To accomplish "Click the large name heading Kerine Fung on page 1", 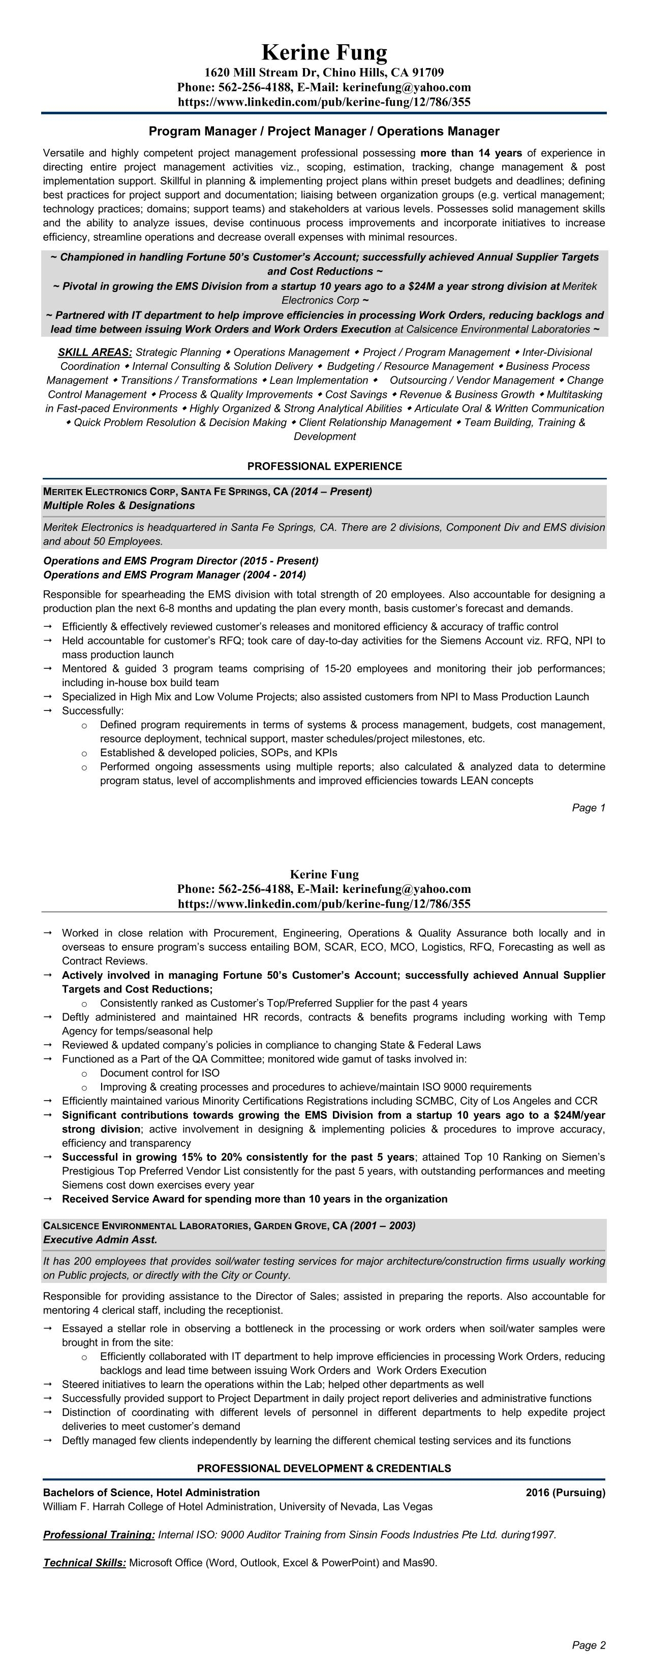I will pyautogui.click(x=324, y=52).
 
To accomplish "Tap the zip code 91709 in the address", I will pyautogui.click(x=427, y=72).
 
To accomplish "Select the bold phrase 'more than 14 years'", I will pyautogui.click(x=471, y=153).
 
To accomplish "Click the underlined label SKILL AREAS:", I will pyautogui.click(x=95, y=352).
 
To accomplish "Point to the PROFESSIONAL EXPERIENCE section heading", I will pyautogui.click(x=324, y=466).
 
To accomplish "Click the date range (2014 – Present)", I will pyautogui.click(x=331, y=492).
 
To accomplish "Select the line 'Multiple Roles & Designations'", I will pyautogui.click(x=119, y=505).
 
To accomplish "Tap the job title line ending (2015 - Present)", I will pyautogui.click(x=181, y=561).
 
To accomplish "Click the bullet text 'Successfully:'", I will pyautogui.click(x=92, y=711).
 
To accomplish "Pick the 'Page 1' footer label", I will pyautogui.click(x=588, y=808).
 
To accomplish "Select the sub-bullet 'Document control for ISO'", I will pyautogui.click(x=160, y=1073).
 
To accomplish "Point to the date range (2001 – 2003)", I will pyautogui.click(x=383, y=1226).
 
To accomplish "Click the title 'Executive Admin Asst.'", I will pyautogui.click(x=100, y=1239).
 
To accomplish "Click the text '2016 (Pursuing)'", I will pyautogui.click(x=565, y=1492).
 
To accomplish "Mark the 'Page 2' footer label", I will pyautogui.click(x=588, y=1645).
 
